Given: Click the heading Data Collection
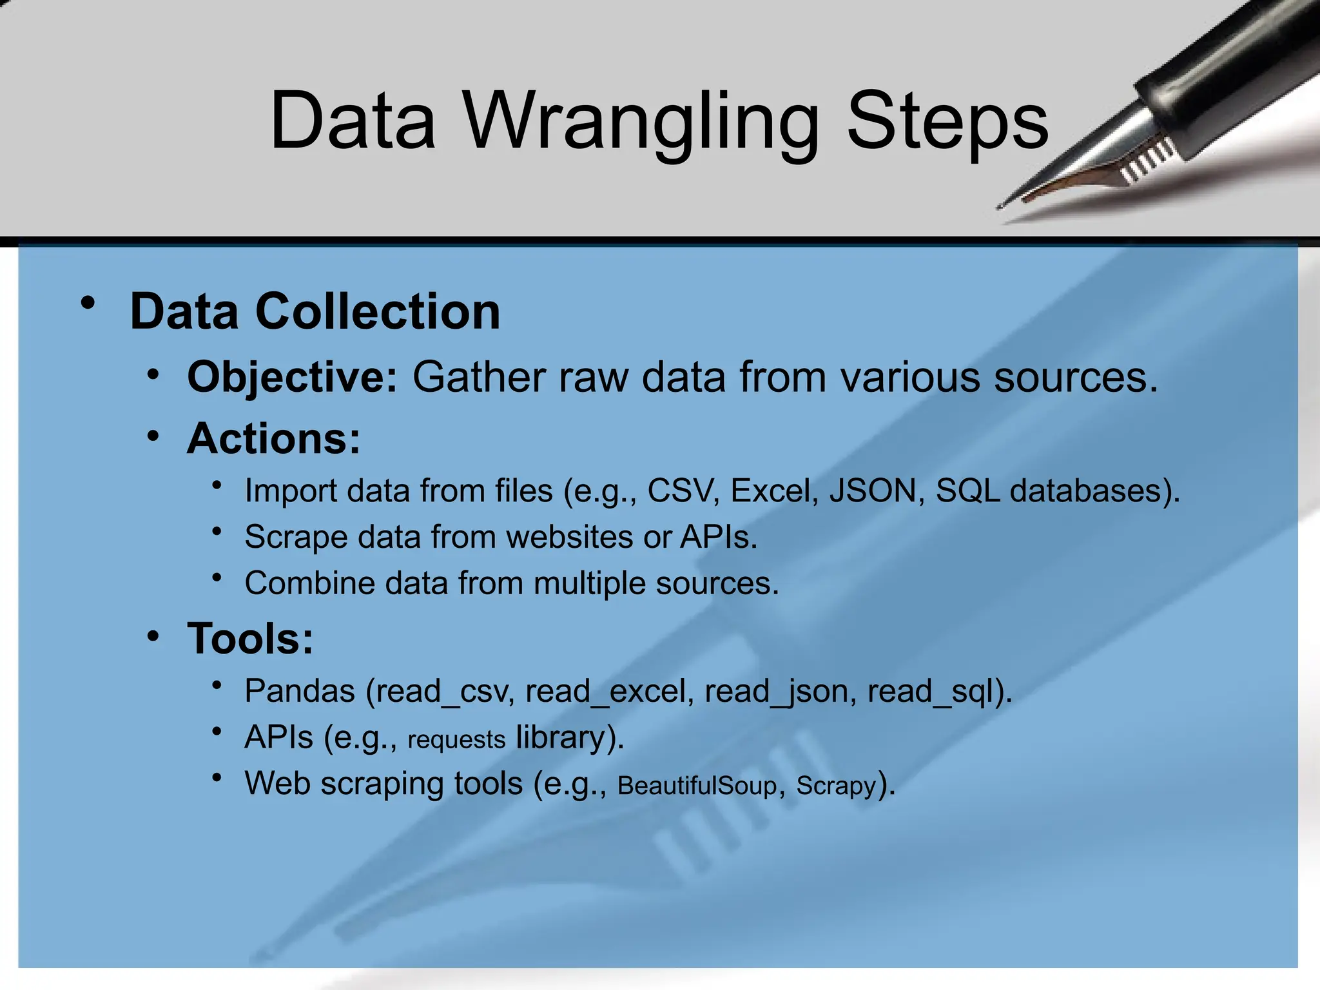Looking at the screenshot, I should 315,311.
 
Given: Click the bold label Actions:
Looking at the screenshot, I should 273,439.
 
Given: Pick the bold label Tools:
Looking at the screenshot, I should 250,639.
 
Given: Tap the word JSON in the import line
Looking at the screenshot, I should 873,491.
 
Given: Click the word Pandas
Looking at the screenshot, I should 300,692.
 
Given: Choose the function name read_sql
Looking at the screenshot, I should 933,692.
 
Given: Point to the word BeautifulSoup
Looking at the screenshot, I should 697,786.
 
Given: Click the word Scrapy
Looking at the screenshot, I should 836,786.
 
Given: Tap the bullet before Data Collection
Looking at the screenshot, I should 88,302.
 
